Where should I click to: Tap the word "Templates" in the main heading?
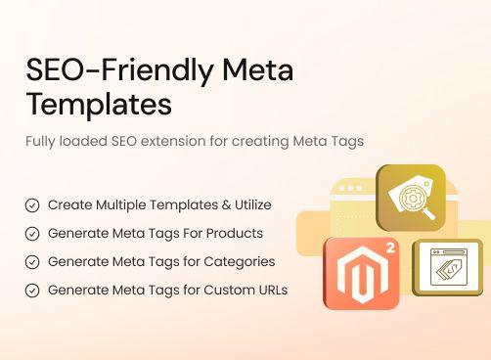pyautogui.click(x=99, y=103)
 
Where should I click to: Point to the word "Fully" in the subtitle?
pyautogui.click(x=44, y=141)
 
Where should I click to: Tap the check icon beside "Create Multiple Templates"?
pyautogui.click(x=32, y=205)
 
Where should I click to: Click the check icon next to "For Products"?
pyautogui.click(x=32, y=234)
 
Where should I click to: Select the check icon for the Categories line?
pyautogui.click(x=32, y=262)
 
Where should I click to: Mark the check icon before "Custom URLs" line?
pyautogui.click(x=32, y=291)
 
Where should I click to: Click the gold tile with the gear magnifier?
pyautogui.click(x=410, y=198)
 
